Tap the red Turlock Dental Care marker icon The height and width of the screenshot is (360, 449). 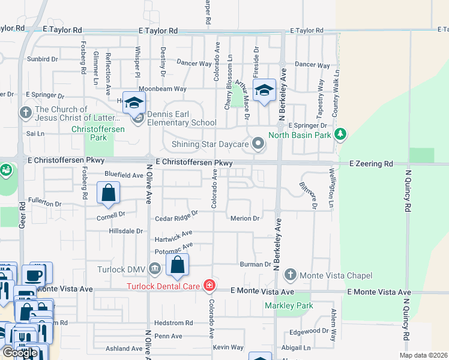point(209,286)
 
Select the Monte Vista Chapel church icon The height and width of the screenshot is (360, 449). point(291,275)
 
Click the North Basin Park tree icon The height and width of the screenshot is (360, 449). point(341,134)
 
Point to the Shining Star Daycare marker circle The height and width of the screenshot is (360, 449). point(259,143)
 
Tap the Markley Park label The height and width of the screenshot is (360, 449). point(289,305)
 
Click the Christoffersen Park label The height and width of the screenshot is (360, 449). point(89,133)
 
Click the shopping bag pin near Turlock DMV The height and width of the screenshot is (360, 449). point(178,264)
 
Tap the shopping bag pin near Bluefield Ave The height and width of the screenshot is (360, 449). point(109,194)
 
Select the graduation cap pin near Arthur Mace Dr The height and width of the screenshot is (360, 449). point(264,91)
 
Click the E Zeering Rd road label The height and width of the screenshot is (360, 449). point(372,163)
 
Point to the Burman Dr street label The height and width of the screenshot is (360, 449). point(256,264)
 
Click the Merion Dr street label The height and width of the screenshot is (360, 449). point(245,218)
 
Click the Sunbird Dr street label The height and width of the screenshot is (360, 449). point(42,59)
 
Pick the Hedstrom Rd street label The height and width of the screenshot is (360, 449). point(173,323)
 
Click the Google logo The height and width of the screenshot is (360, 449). point(20,352)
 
